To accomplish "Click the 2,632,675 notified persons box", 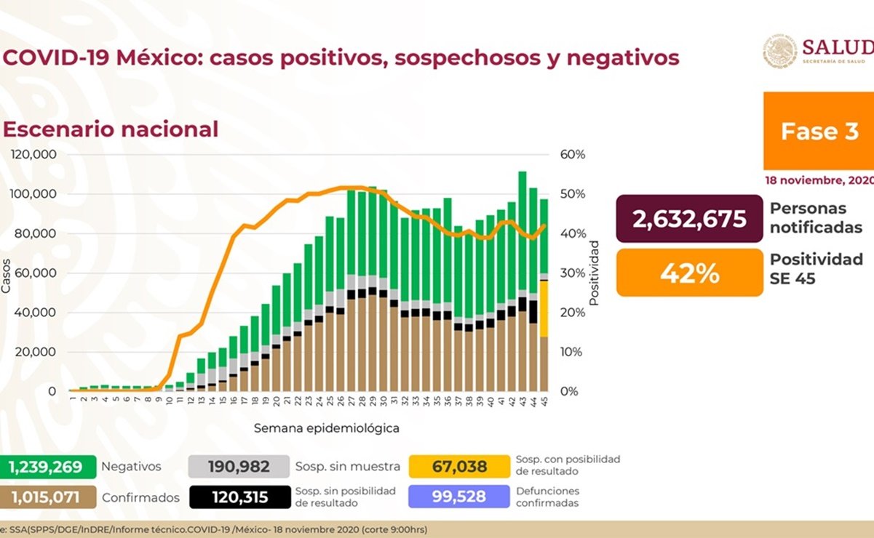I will [689, 218].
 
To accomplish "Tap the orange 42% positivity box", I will [689, 273].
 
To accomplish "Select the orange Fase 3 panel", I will [819, 131].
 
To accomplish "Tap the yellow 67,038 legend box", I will [458, 466].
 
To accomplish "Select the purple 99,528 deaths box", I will [458, 497].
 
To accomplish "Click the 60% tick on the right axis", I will [573, 155].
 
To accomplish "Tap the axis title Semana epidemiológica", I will [326, 428].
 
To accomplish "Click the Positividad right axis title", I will [594, 273].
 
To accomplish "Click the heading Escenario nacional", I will [111, 129].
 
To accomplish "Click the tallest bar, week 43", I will [523, 240].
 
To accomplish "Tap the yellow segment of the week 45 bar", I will [544, 308].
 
